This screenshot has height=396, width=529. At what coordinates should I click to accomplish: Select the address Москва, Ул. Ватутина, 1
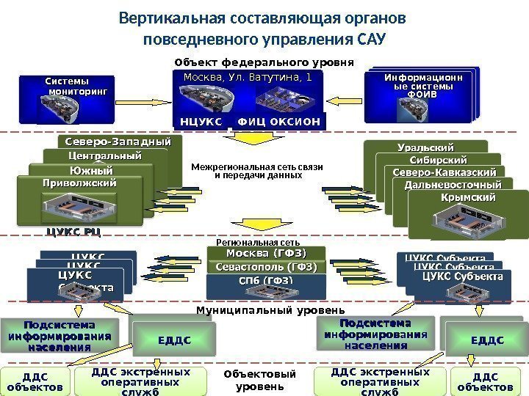(x=247, y=76)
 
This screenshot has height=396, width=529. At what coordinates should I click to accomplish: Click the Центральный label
(x=105, y=156)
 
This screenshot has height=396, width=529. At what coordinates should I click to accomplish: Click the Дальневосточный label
(x=458, y=185)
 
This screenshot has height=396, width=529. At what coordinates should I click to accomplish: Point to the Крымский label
(x=467, y=198)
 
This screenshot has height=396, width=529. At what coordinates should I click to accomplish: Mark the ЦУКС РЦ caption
(x=73, y=232)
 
